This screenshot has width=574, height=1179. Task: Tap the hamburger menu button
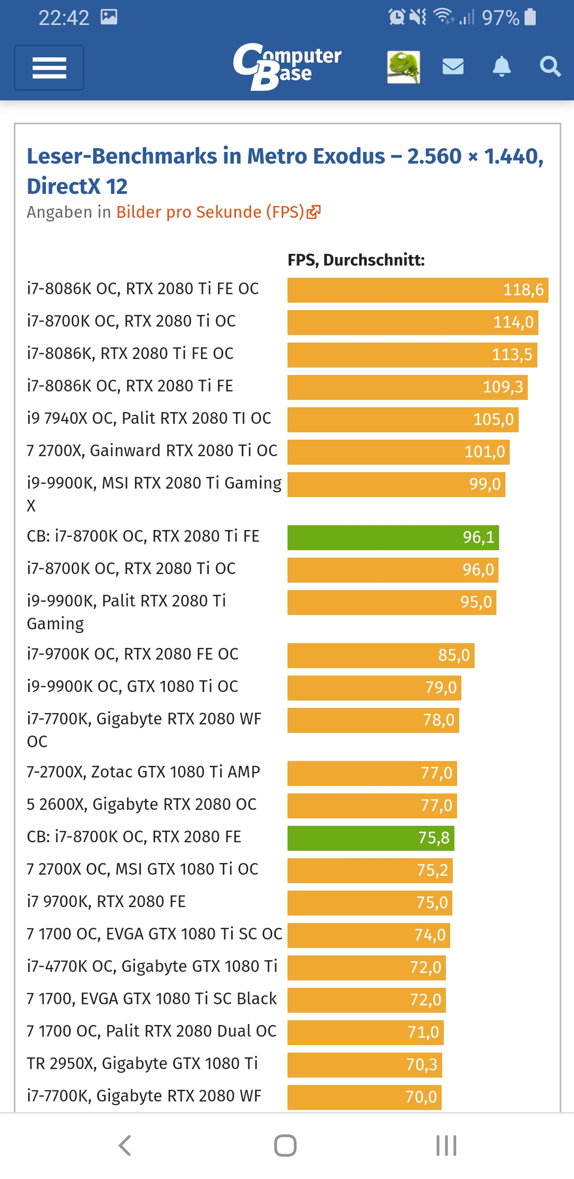(x=49, y=68)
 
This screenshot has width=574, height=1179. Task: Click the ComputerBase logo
(x=287, y=66)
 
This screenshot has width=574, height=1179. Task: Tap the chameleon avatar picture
(x=403, y=67)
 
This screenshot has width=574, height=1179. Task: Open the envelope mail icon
(x=453, y=67)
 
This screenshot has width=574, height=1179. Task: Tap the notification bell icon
(x=501, y=67)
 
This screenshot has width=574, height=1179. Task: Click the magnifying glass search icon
(x=550, y=67)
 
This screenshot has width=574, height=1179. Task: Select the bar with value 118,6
(x=417, y=290)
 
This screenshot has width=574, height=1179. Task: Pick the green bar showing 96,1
(x=393, y=537)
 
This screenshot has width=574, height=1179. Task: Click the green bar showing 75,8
(x=370, y=838)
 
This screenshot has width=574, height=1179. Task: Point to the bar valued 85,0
(x=381, y=655)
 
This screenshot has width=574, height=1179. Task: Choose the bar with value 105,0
(x=402, y=420)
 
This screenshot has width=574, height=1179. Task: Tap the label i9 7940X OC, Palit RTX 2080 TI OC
(x=149, y=418)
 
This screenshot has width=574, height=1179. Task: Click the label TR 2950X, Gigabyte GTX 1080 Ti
(x=142, y=1064)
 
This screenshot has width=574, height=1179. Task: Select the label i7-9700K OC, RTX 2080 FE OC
(x=133, y=654)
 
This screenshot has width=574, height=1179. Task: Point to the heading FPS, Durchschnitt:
(x=356, y=260)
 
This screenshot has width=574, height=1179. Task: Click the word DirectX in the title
(x=63, y=186)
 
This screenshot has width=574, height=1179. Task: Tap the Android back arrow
(x=125, y=1146)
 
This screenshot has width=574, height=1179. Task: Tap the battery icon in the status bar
(x=530, y=17)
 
